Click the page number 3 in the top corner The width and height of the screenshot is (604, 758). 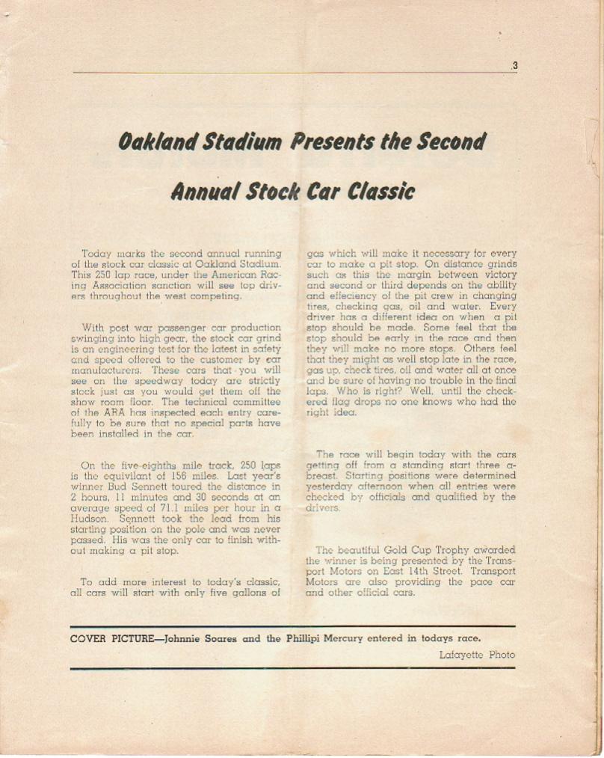pos(515,66)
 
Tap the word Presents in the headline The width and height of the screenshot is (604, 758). pos(332,141)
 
